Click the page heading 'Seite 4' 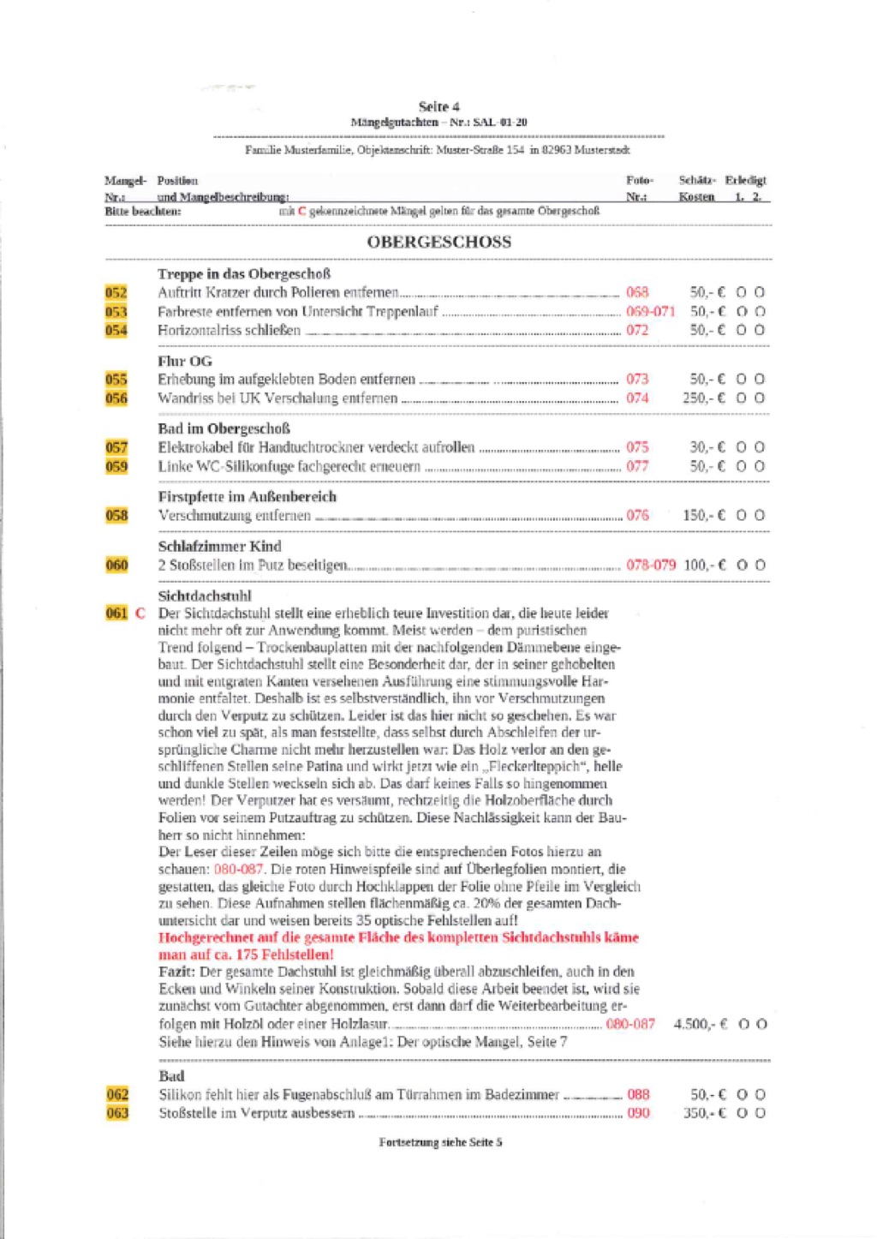tap(438, 106)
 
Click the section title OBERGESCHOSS tap(438, 242)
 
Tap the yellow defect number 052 tap(116, 292)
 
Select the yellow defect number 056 tap(116, 398)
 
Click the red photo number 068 tap(637, 292)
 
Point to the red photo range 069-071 tap(650, 311)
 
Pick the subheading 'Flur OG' tap(184, 361)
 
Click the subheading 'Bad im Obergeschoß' tap(224, 428)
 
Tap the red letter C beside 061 tap(140, 614)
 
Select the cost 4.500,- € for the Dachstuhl tap(701, 1024)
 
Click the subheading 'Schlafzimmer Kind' tap(219, 546)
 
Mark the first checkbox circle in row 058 tap(742, 515)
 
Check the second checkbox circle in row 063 tap(761, 1113)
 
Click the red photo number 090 tap(638, 1113)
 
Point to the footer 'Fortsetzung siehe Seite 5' tap(440, 1142)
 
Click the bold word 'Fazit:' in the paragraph tap(177, 972)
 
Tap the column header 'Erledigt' tap(745, 180)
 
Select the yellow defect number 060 tap(116, 565)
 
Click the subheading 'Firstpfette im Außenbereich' tap(247, 496)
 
